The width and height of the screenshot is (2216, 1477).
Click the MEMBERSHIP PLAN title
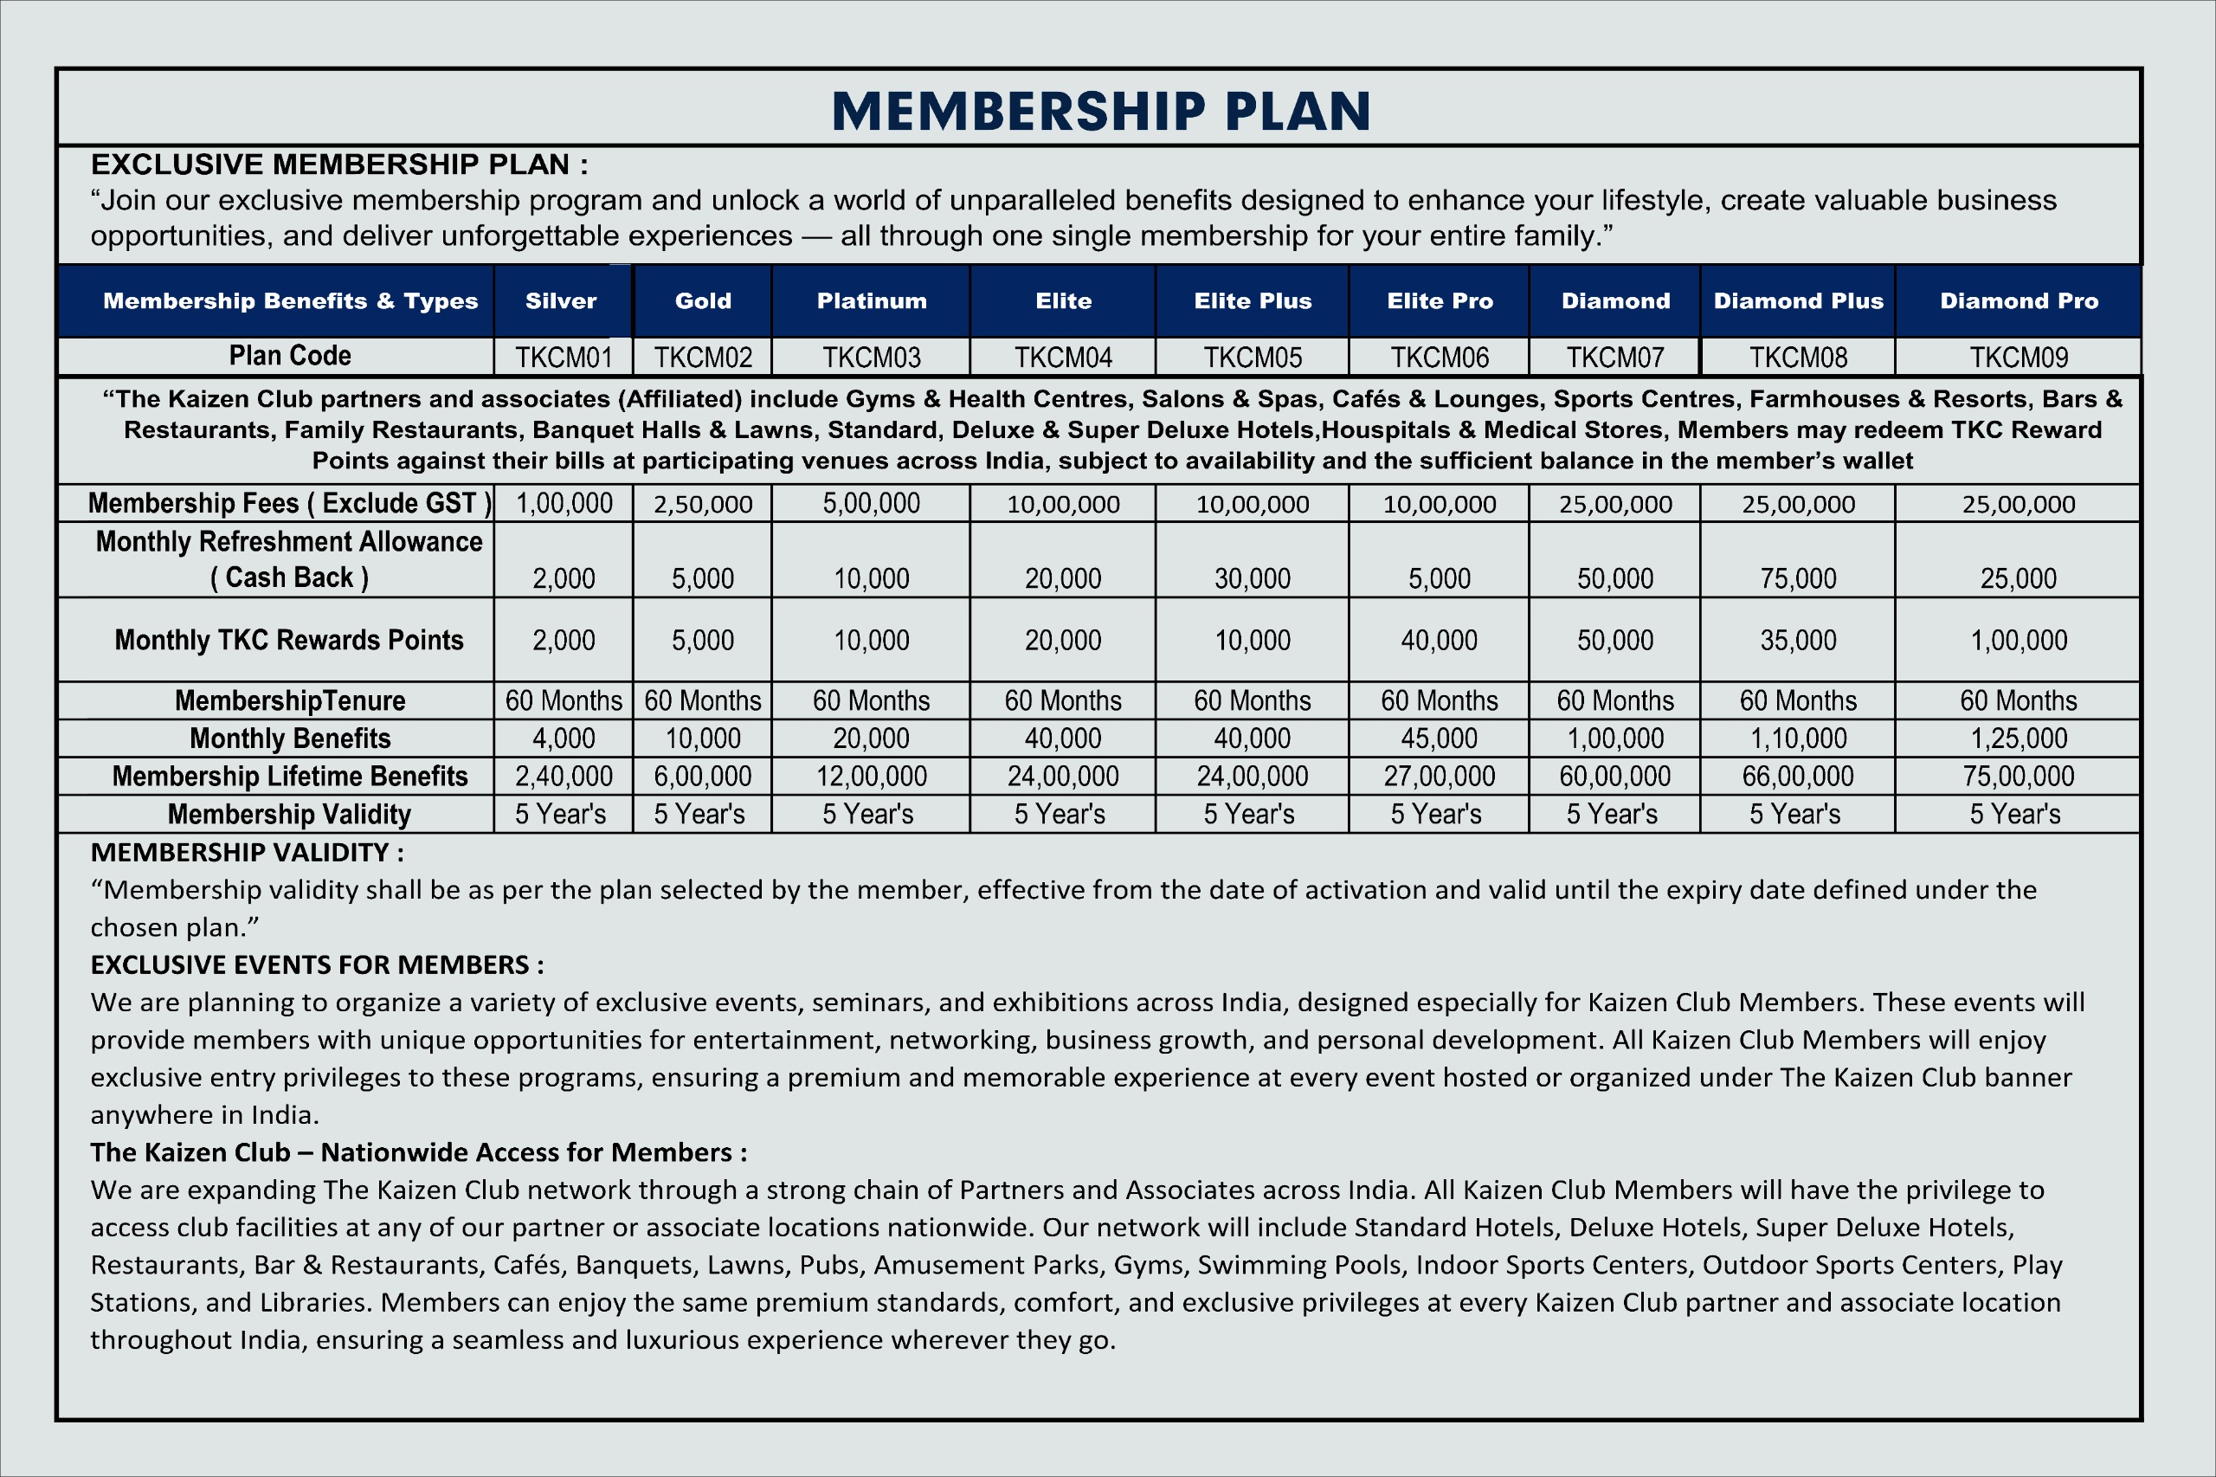(1101, 111)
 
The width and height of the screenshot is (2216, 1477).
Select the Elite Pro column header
(1439, 301)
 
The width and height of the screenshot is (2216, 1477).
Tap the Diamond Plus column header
(1798, 301)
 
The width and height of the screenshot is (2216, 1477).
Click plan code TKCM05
(1253, 358)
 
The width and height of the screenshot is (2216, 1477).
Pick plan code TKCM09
(2019, 358)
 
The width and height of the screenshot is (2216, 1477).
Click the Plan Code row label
(290, 356)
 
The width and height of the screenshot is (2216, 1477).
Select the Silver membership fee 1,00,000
(564, 504)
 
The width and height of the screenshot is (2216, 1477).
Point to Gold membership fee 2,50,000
(703, 504)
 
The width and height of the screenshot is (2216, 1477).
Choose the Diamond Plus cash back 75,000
(1798, 578)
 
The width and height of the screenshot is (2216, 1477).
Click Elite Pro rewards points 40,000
(1439, 641)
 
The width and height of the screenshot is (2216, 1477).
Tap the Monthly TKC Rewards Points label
(289, 641)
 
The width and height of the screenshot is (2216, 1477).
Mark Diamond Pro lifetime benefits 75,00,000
(2019, 777)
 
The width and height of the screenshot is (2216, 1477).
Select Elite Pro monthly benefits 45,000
(1439, 738)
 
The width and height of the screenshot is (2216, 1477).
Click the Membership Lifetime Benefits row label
(290, 777)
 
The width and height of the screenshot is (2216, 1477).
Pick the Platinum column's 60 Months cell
(871, 700)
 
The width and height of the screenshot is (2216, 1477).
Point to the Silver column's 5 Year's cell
(560, 814)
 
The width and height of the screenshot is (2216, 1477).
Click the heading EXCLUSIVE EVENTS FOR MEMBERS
(317, 964)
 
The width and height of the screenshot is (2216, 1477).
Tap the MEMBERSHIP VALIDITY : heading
(247, 853)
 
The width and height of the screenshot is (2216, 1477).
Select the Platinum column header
(871, 301)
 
